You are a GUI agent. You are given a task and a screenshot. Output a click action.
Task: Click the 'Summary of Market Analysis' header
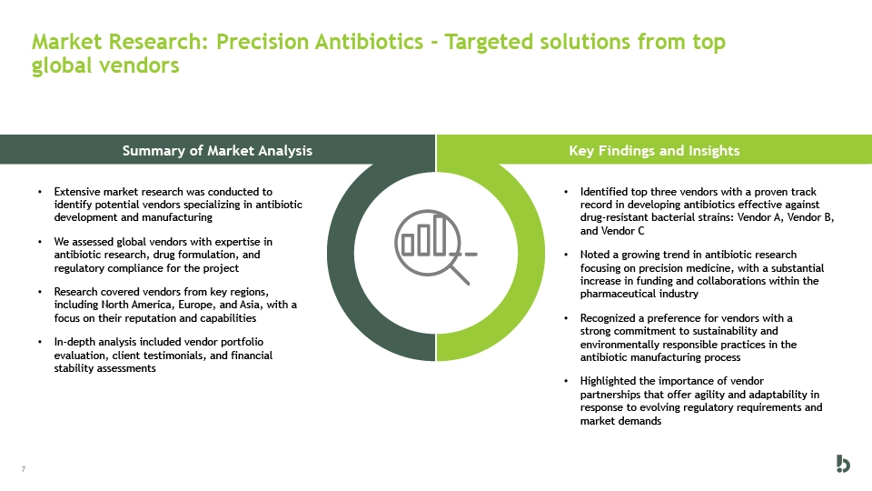(217, 150)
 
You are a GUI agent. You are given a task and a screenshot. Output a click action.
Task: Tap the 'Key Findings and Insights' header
(654, 150)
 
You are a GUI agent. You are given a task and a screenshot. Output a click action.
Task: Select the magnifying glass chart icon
(435, 247)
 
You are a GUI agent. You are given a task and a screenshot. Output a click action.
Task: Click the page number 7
(24, 469)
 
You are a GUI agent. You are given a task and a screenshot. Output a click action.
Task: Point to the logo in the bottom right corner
(843, 464)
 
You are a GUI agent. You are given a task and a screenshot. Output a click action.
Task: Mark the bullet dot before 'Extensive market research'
(40, 192)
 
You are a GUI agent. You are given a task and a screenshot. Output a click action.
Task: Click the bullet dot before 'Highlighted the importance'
(566, 381)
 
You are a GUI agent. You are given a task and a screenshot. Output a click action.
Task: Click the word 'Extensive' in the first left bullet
(77, 192)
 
